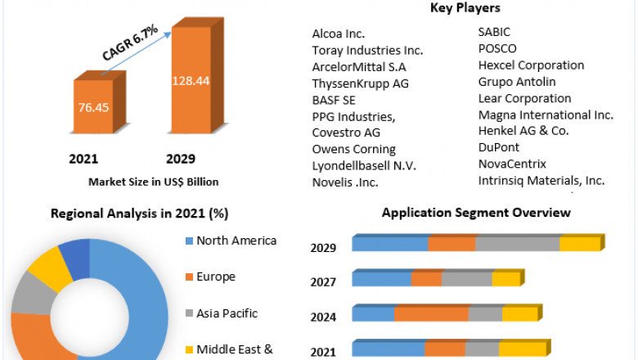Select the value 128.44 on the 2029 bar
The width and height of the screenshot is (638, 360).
pyautogui.click(x=191, y=80)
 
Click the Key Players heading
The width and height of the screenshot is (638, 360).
pyautogui.click(x=465, y=8)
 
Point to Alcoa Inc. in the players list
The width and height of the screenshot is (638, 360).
pyautogui.click(x=339, y=34)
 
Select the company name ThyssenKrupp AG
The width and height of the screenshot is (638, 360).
pyautogui.click(x=361, y=83)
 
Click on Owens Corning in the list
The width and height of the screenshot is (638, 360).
pyautogui.click(x=353, y=149)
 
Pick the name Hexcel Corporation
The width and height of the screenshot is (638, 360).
pyautogui.click(x=531, y=65)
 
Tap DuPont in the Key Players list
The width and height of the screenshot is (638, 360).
pyautogui.click(x=499, y=147)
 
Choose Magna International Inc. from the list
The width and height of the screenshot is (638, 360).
pyautogui.click(x=546, y=115)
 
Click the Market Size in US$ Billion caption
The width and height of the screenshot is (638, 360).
pyautogui.click(x=154, y=182)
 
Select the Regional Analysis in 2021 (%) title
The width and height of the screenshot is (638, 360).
pyautogui.click(x=139, y=214)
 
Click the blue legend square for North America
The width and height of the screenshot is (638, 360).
pyautogui.click(x=189, y=241)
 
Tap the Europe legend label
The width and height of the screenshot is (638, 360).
pyautogui.click(x=216, y=277)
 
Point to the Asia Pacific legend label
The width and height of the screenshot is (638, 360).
pyautogui.click(x=227, y=313)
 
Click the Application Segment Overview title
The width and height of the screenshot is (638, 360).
pyautogui.click(x=476, y=213)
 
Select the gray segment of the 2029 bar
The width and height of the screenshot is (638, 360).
pyautogui.click(x=517, y=244)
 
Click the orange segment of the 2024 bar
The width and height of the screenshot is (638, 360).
pyautogui.click(x=431, y=314)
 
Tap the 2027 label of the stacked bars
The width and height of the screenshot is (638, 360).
pyautogui.click(x=323, y=282)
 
